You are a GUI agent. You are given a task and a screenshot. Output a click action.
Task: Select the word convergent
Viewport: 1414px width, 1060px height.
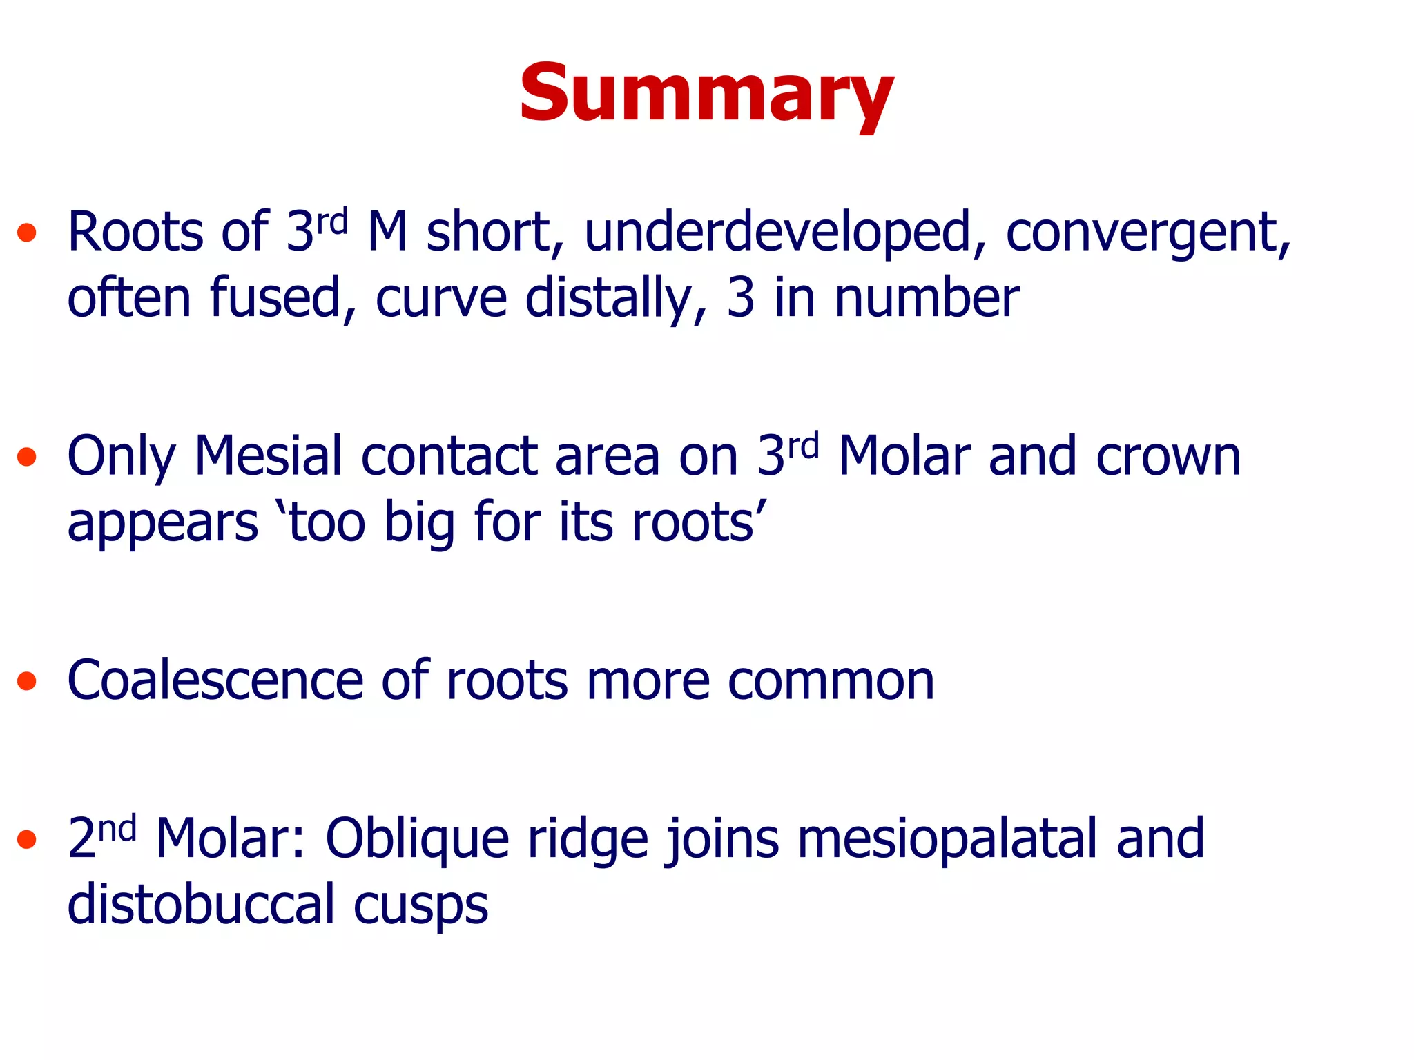coord(1146,233)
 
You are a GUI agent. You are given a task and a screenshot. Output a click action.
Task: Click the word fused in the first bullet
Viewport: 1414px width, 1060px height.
coord(276,297)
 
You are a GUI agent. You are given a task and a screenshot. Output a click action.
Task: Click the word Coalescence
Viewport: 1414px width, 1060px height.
coord(215,680)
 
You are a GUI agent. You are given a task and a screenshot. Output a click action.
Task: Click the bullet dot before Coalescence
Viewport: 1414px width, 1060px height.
coord(27,682)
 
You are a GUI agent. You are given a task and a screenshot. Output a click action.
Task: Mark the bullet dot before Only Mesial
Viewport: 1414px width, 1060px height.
coord(27,457)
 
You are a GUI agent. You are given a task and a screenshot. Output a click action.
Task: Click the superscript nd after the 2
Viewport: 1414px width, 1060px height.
coord(117,827)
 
